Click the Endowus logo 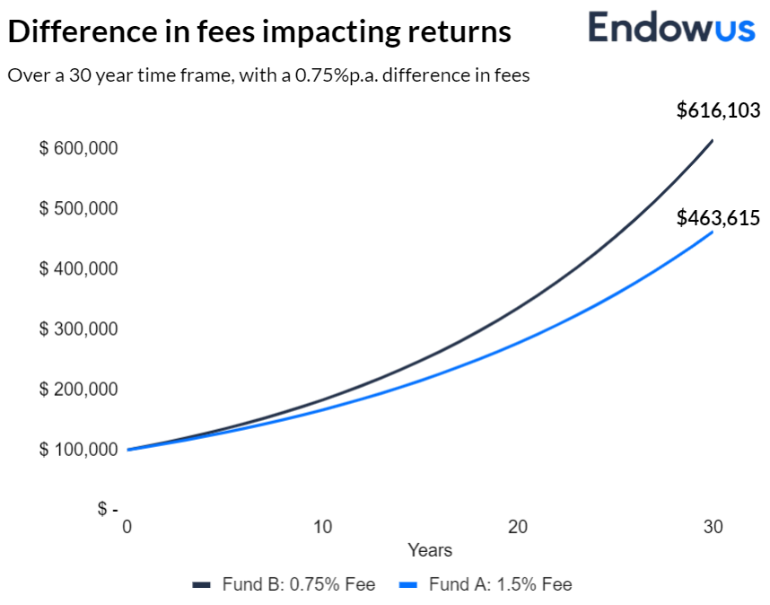(x=671, y=28)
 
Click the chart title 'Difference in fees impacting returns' (x=259, y=32)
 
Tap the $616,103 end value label (x=718, y=110)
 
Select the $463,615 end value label (x=718, y=218)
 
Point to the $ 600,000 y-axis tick (x=78, y=148)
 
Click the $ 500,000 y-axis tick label (x=78, y=208)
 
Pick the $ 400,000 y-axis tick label (x=78, y=268)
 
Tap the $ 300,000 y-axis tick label (x=78, y=329)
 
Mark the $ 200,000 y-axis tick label (x=78, y=390)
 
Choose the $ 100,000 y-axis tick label (x=78, y=449)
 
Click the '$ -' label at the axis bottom (x=108, y=509)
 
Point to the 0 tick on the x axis (x=127, y=527)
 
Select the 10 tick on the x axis (x=322, y=527)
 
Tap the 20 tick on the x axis (x=518, y=527)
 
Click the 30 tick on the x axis (x=713, y=527)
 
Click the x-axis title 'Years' (x=430, y=550)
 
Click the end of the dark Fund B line (x=713, y=140)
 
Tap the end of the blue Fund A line (x=713, y=232)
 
